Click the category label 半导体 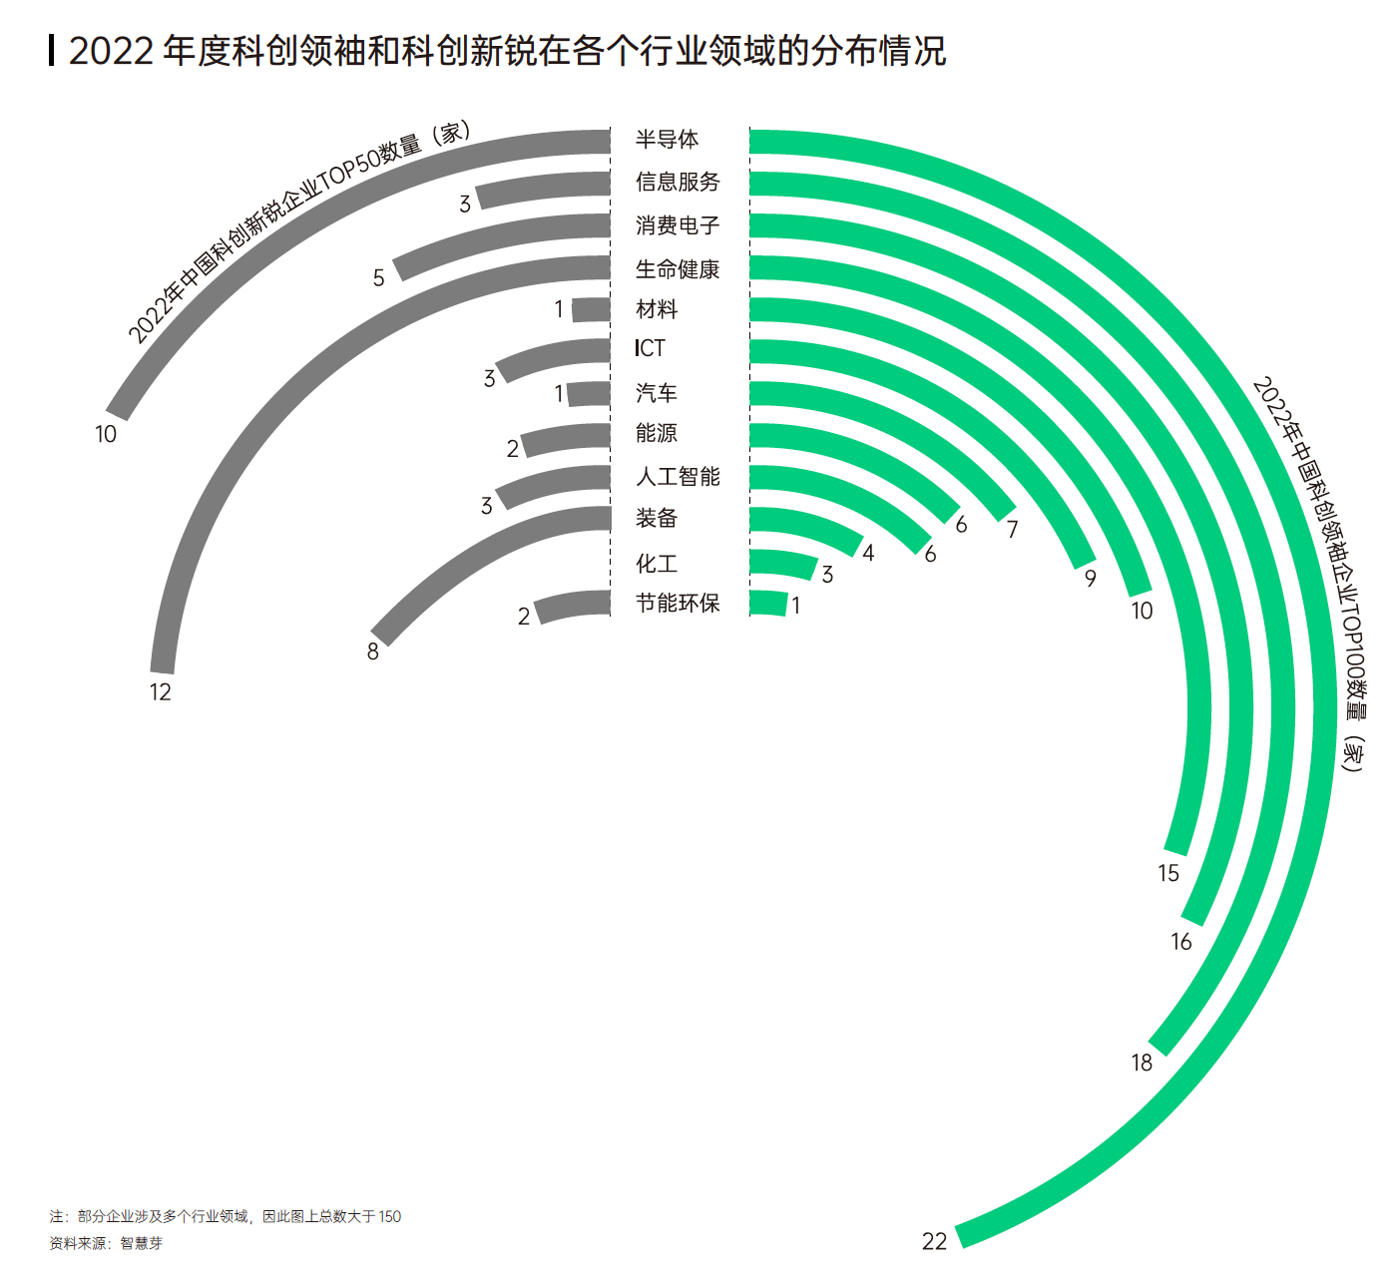[667, 140]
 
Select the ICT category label [650, 348]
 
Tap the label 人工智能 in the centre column [678, 477]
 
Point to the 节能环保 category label [678, 603]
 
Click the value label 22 [934, 1241]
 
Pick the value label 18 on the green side [1142, 1063]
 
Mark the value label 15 [1168, 873]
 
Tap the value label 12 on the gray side [161, 691]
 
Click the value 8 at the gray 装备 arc [373, 651]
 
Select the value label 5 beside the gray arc [379, 277]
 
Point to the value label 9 [1091, 579]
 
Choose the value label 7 [1012, 530]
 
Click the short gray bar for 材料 [592, 309]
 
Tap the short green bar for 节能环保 [767, 603]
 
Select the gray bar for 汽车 [589, 394]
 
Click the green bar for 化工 [783, 564]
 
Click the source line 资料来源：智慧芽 [106, 1243]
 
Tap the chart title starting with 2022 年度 [506, 50]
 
